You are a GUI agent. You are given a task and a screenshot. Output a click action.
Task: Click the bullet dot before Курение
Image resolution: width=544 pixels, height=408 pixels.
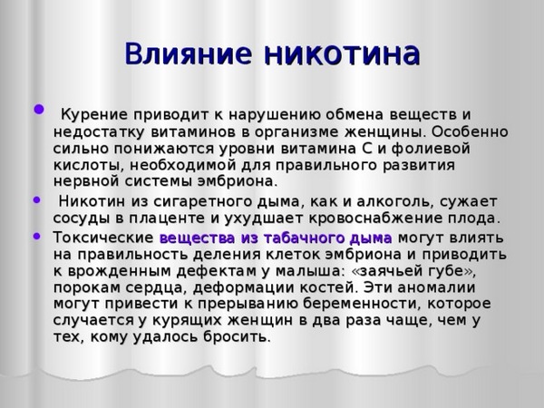click(37, 112)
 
